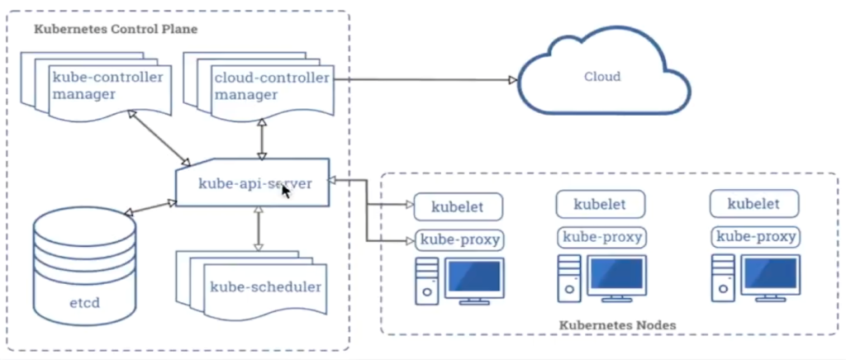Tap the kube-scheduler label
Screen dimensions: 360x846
[x=265, y=287]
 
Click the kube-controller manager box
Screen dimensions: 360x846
[x=107, y=85]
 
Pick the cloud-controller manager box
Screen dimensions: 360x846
[x=271, y=85]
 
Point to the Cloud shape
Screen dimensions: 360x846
[x=602, y=77]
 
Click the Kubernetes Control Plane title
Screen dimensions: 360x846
[x=116, y=30]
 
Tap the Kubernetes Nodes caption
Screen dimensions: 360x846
[x=617, y=325]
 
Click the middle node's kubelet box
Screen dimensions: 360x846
[x=600, y=203]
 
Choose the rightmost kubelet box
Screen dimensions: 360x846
[x=753, y=203]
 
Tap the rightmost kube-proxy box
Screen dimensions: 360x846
[x=754, y=237]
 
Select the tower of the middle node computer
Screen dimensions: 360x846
[x=568, y=277]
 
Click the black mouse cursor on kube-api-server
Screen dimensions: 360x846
[x=287, y=191]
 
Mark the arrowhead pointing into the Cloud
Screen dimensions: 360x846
[x=512, y=80]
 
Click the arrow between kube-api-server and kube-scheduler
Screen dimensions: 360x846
[x=258, y=228]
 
